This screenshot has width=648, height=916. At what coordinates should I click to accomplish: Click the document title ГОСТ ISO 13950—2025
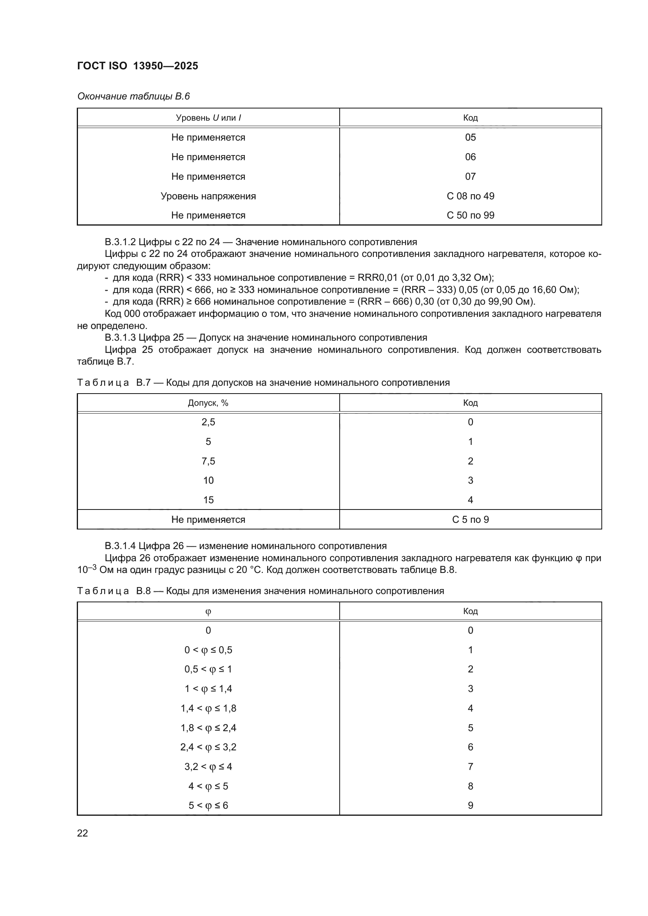coord(137,66)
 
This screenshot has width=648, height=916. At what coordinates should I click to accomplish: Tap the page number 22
coord(83,833)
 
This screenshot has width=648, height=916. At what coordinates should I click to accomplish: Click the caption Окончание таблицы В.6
coord(133,96)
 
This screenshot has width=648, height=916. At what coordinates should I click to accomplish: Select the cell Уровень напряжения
coord(208,196)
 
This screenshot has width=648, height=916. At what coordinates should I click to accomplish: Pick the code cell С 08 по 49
coord(470,196)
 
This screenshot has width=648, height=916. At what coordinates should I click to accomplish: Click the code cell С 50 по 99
coord(470,215)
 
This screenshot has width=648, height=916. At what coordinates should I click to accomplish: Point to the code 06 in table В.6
coord(470,157)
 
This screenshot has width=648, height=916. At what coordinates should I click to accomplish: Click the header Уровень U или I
coord(208,118)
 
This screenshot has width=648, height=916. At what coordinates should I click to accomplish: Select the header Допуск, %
coord(208,403)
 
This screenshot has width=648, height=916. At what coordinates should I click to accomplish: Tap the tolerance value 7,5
coord(208,461)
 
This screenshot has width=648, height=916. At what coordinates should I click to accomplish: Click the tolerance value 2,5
coord(208,422)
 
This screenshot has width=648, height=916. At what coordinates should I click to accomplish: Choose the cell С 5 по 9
coord(470,519)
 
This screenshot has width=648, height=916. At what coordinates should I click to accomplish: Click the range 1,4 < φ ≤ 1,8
coord(208,708)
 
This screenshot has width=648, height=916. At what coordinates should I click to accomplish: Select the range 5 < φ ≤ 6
coord(208,805)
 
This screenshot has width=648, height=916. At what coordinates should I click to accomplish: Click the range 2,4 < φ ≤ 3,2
coord(208,747)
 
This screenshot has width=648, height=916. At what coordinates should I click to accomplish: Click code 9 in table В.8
coord(470,805)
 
